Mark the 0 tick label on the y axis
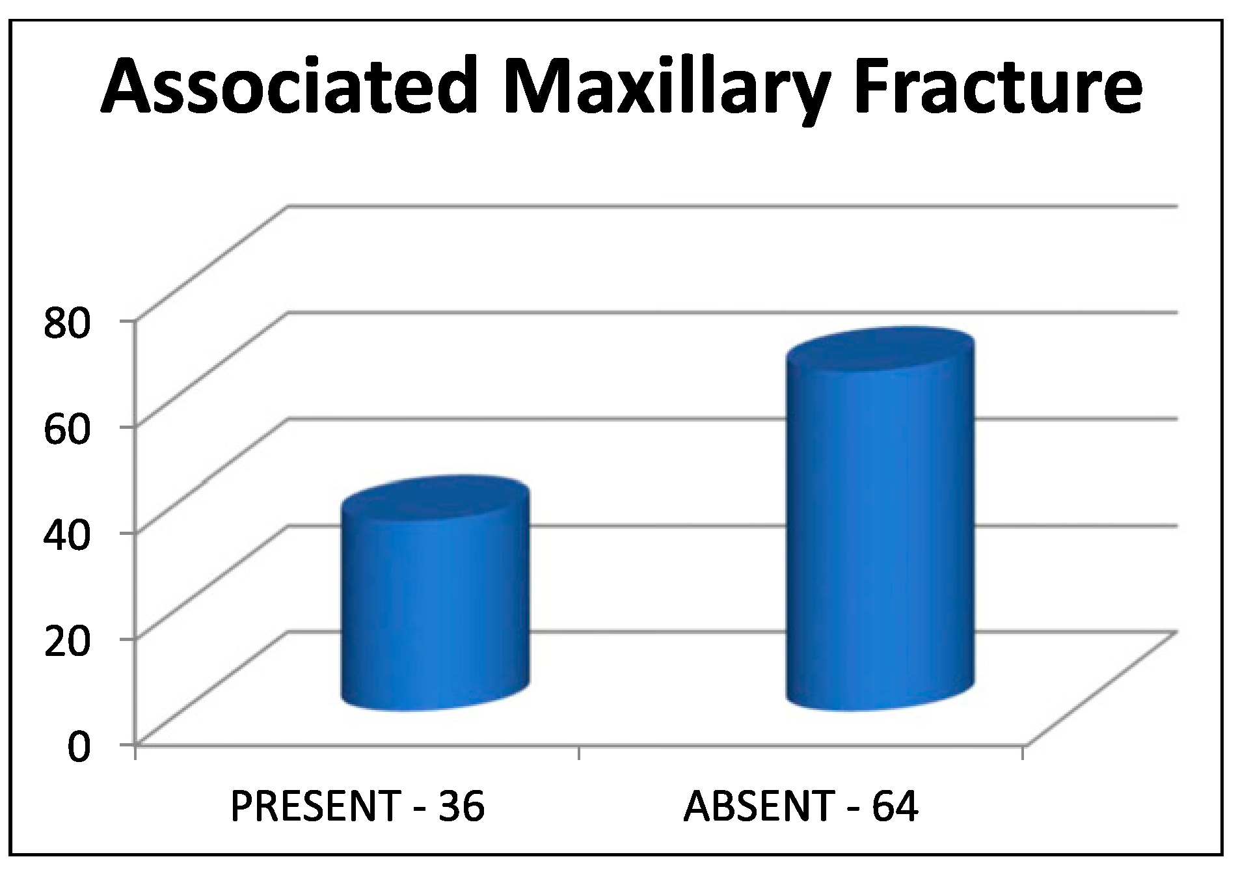point(77,746)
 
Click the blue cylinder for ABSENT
point(880,519)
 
